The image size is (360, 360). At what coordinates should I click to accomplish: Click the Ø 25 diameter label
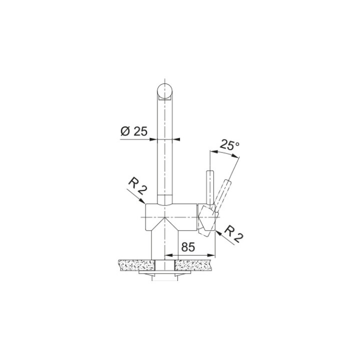tap(134, 131)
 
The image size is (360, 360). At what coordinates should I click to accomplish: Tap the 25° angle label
tap(229, 145)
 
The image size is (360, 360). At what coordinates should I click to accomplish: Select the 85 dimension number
tap(187, 247)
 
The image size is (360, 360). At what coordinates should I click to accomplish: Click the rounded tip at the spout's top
tap(165, 92)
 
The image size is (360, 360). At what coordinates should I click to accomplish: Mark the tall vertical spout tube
tap(165, 150)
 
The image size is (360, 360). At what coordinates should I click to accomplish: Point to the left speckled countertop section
tap(135, 264)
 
